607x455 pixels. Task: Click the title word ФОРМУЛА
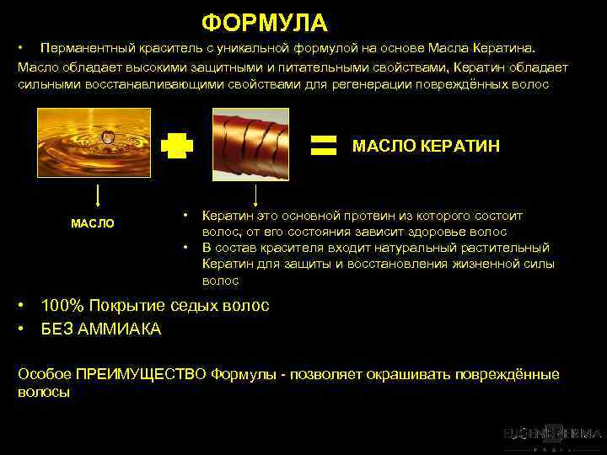pyautogui.click(x=264, y=22)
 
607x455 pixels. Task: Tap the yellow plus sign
pyautogui.click(x=177, y=147)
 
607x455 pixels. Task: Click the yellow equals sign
pyautogui.click(x=324, y=145)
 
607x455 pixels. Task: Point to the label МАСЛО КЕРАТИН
pyautogui.click(x=426, y=146)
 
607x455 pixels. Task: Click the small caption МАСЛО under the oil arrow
pyautogui.click(x=93, y=223)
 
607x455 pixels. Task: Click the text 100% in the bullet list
pyautogui.click(x=61, y=306)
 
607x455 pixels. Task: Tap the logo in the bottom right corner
pyautogui.click(x=552, y=436)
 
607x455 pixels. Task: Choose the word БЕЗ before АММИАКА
pyautogui.click(x=56, y=329)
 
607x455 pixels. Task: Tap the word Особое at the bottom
pyautogui.click(x=44, y=374)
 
